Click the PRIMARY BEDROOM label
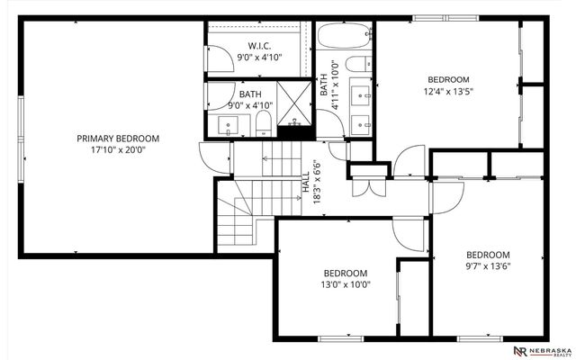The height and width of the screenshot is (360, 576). [x=117, y=138]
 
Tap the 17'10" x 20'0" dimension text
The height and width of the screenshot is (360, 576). [x=117, y=151]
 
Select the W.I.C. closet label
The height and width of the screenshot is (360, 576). [x=260, y=46]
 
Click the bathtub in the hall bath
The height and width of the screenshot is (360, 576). [x=346, y=37]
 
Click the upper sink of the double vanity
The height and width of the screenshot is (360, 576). [x=364, y=93]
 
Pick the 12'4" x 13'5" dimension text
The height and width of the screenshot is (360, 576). [x=449, y=91]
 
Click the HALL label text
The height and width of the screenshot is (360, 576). [x=305, y=184]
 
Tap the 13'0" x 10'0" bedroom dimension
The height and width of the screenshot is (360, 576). [x=346, y=285]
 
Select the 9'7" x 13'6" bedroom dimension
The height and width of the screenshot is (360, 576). [x=487, y=267]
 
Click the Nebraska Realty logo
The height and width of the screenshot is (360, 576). [x=542, y=349]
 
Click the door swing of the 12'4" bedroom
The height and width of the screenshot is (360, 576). [x=405, y=165]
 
